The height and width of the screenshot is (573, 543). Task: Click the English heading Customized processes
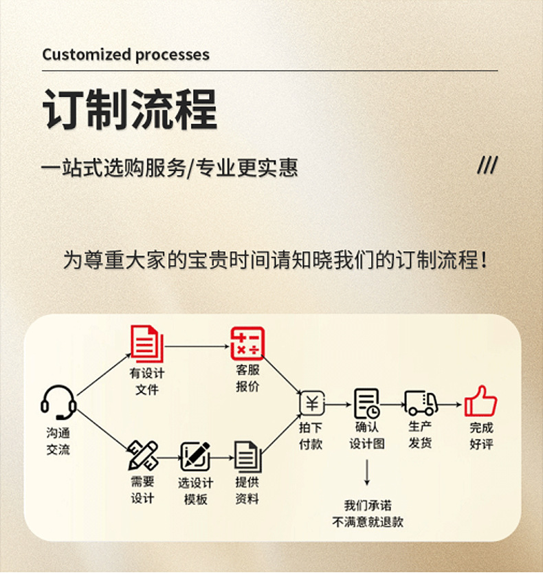126,54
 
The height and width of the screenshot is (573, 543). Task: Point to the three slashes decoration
487,166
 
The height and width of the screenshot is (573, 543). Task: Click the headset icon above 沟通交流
58,402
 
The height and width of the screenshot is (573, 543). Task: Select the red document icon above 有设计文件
147,344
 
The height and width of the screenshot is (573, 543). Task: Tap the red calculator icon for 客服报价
247,343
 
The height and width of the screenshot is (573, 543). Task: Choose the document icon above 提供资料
246,456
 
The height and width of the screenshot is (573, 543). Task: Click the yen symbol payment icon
311,403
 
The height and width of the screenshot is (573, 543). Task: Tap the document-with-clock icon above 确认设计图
366,403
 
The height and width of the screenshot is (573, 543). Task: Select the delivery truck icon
421,403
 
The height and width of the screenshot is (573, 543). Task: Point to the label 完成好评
481,436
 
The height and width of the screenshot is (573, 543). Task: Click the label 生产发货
420,434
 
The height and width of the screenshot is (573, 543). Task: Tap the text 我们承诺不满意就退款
367,513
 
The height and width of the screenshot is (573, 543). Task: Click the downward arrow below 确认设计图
367,473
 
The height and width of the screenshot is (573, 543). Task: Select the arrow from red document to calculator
197,346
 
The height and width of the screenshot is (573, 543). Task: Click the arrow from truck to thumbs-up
451,405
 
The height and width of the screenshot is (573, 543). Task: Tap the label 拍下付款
311,436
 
